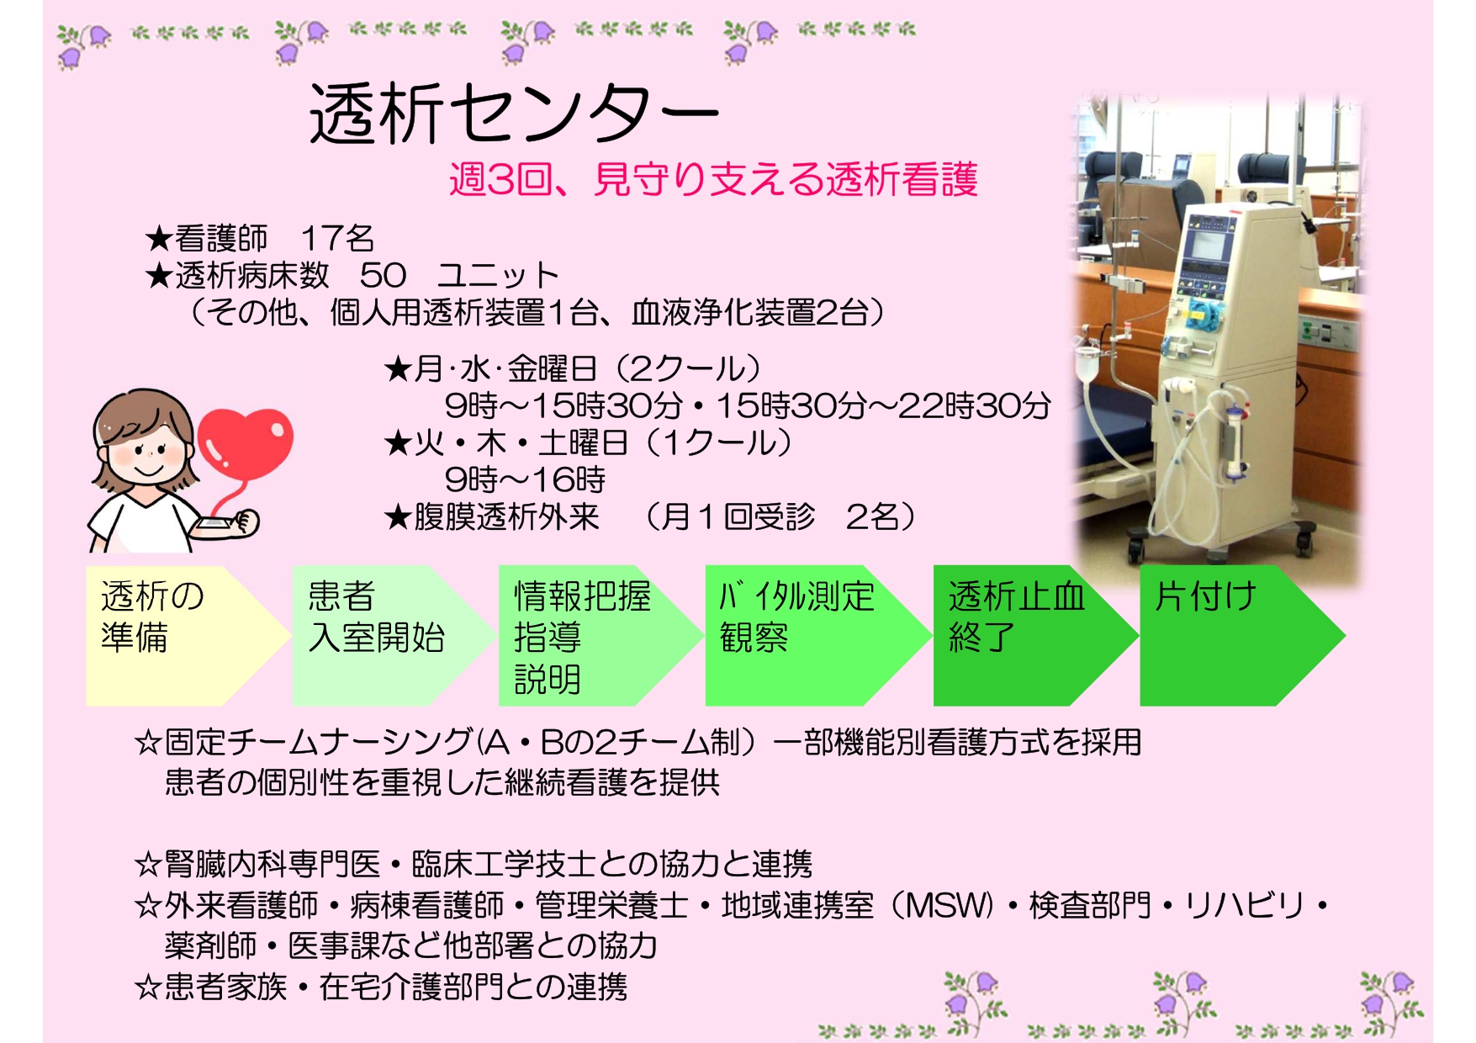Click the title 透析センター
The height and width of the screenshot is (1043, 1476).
point(514,114)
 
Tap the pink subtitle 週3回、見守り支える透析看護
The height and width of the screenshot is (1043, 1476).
point(713,179)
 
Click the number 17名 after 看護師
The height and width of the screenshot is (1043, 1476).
point(336,239)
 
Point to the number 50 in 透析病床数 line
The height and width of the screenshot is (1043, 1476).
point(383,275)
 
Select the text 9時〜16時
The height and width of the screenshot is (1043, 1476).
point(525,479)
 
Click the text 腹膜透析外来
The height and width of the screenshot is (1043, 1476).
point(506,516)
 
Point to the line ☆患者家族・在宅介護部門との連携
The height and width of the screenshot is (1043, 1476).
point(380,986)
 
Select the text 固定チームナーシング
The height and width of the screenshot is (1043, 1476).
point(319,742)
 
